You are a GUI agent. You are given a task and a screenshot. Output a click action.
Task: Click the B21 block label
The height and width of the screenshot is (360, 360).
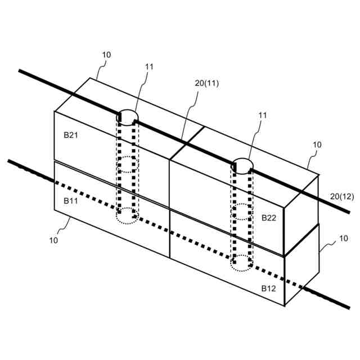(70, 135)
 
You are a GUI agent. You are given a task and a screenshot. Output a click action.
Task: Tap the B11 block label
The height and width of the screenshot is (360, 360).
(70, 200)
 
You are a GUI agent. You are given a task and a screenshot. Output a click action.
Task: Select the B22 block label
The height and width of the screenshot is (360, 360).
(268, 218)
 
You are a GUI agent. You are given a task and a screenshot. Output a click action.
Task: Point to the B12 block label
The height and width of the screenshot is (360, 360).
(268, 288)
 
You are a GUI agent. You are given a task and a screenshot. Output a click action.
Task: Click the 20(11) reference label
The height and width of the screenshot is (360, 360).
(206, 83)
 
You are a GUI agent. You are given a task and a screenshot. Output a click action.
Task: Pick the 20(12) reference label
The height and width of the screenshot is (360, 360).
(342, 196)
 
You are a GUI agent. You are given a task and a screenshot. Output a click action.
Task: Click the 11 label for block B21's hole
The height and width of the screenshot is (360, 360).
(149, 66)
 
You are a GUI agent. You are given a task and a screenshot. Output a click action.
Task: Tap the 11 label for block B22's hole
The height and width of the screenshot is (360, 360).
(263, 115)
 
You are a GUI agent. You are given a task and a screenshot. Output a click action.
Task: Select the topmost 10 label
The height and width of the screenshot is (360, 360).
(107, 55)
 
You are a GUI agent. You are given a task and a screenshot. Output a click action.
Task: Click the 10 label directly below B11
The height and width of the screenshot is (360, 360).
(53, 240)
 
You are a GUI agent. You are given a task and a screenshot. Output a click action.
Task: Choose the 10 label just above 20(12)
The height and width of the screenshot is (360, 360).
(317, 145)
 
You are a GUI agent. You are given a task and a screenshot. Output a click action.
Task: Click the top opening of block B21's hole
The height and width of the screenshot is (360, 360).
(128, 116)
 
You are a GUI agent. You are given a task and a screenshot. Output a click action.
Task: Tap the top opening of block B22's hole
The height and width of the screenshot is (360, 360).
(243, 165)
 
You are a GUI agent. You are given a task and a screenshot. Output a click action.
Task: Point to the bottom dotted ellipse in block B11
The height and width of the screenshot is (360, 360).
(128, 214)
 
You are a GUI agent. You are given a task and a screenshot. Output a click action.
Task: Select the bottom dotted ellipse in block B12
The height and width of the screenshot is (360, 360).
(243, 263)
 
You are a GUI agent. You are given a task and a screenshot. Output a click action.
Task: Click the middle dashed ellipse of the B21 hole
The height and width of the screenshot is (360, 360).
(128, 165)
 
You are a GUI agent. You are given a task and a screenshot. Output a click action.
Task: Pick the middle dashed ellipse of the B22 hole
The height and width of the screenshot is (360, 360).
(243, 212)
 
